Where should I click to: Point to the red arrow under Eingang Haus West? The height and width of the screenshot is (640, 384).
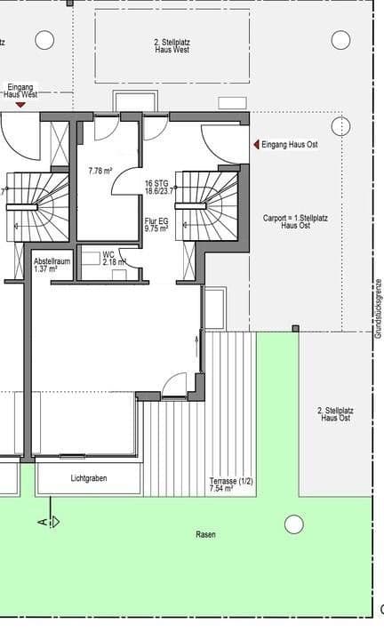[20, 105]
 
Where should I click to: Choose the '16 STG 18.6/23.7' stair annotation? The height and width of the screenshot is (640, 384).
[158, 188]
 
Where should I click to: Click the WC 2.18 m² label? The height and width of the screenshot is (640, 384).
[113, 259]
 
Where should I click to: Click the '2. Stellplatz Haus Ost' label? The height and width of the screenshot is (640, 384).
[334, 413]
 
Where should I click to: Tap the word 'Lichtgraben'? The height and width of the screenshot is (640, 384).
[88, 478]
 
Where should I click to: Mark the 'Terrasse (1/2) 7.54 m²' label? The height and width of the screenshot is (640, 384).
[230, 484]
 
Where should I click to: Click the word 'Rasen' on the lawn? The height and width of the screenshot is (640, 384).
[205, 534]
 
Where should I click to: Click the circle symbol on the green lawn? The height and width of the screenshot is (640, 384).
[293, 524]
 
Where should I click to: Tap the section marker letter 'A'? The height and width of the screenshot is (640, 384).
[42, 522]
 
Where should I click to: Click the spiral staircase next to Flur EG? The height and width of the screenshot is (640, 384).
[210, 205]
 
